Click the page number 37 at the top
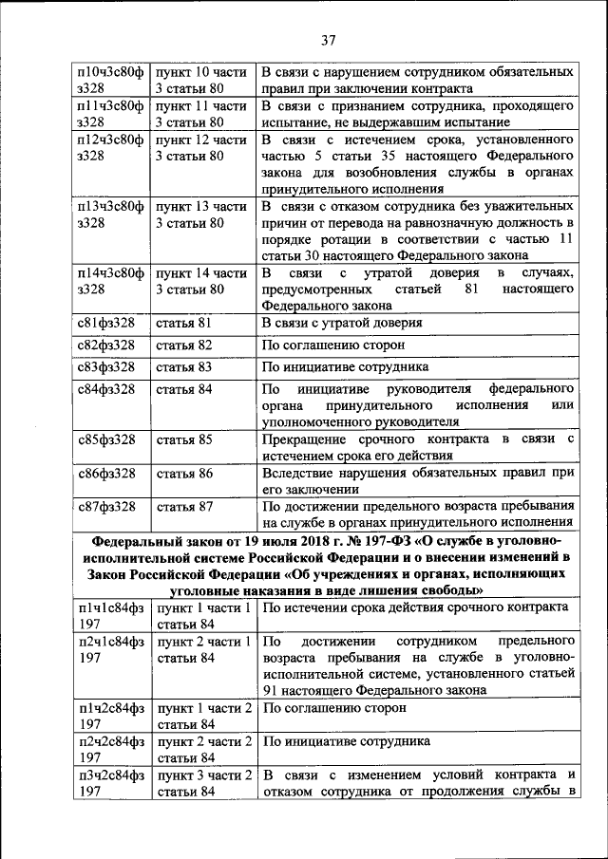click(329, 39)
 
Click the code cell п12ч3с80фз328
click(109, 149)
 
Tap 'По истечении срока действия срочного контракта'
click(415, 607)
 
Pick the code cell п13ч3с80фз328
click(109, 214)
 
